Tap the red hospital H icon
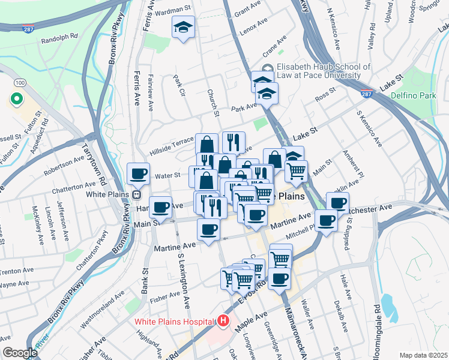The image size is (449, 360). [x=223, y=322]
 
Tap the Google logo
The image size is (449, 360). [x=19, y=353]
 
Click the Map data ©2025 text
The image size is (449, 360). [x=423, y=355]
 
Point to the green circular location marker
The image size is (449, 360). [x=16, y=99]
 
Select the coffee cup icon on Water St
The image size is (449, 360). [x=138, y=174]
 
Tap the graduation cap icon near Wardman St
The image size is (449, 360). [x=183, y=26]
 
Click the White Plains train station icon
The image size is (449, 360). [x=136, y=194]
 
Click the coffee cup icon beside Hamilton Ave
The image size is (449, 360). [x=160, y=208]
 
